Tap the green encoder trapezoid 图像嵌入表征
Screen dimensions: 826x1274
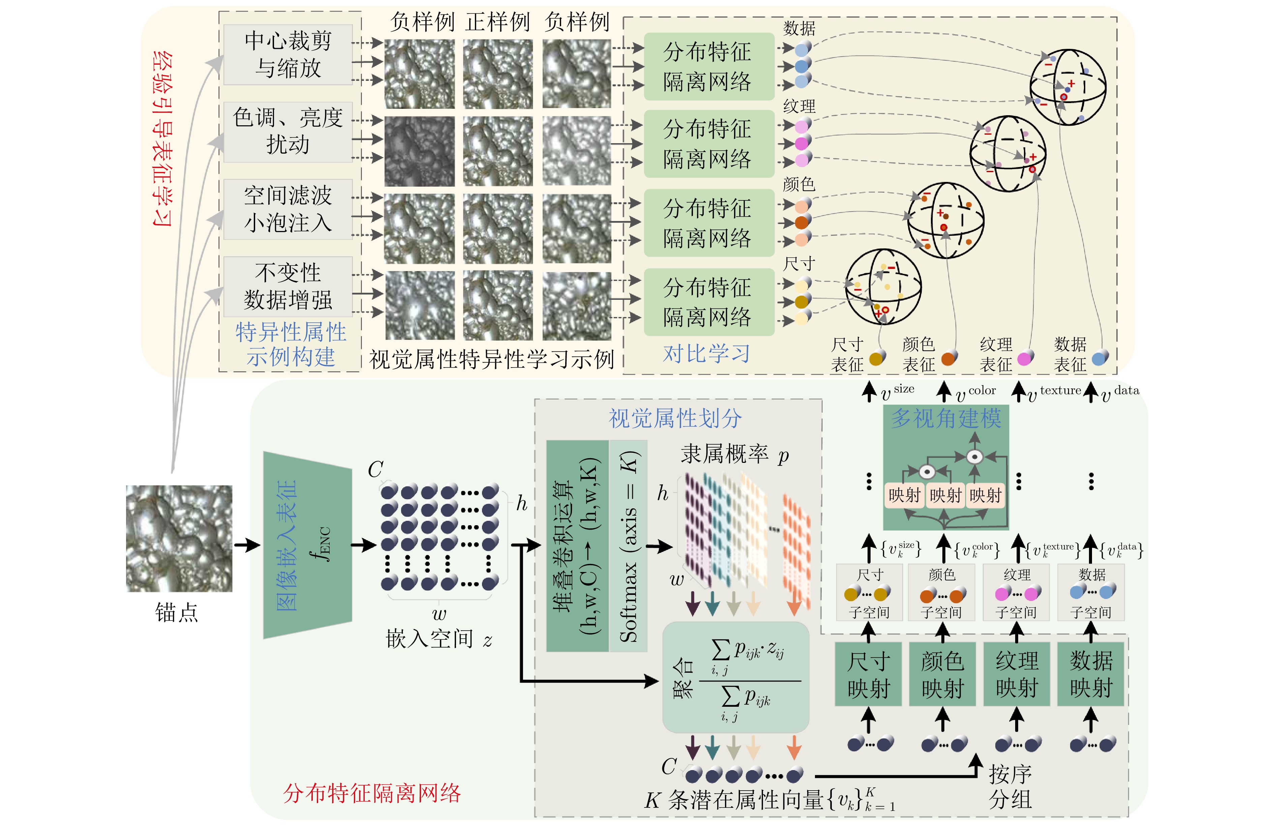point(307,545)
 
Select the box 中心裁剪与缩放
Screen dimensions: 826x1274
point(288,55)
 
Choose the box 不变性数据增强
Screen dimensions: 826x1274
point(288,287)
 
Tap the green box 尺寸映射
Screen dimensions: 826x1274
point(868,674)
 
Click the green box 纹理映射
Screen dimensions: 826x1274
point(1017,674)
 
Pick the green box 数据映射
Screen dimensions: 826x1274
point(1091,674)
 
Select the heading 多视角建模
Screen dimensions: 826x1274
point(946,418)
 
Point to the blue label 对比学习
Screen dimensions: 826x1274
point(706,353)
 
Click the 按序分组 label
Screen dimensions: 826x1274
point(1009,786)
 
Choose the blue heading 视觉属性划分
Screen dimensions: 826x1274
point(675,418)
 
